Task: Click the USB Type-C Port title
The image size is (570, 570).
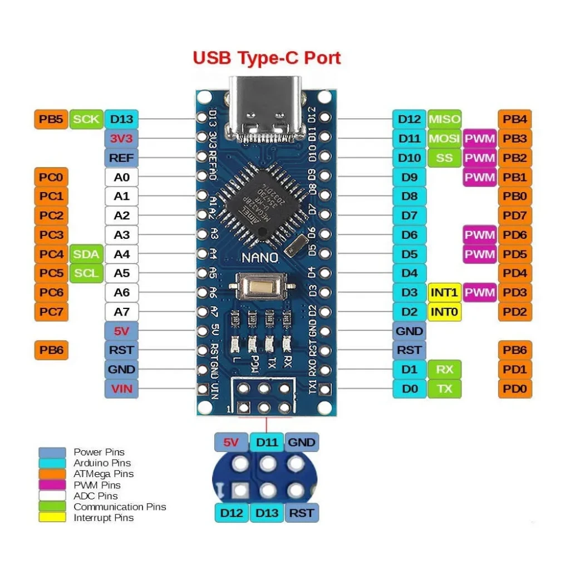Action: [267, 58]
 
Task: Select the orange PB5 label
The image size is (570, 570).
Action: [51, 119]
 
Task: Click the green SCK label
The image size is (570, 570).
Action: [86, 119]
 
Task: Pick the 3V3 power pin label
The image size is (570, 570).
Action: [121, 138]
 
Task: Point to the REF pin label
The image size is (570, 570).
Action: [121, 158]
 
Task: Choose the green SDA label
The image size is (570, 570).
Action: [86, 254]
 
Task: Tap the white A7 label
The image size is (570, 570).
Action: [121, 312]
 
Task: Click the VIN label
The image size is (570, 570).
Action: [121, 389]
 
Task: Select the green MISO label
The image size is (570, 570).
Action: [444, 119]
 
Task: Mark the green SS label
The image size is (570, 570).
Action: [444, 158]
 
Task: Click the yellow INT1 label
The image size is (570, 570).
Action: [444, 292]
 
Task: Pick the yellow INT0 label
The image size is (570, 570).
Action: [444, 312]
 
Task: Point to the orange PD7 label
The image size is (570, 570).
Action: [514, 215]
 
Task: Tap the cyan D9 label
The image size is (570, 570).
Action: [409, 177]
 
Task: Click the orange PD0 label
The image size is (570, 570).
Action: [514, 389]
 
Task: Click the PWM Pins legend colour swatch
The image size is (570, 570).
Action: [52, 485]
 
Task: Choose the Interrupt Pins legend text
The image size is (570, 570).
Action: [104, 518]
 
